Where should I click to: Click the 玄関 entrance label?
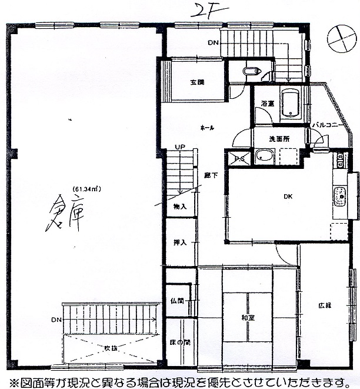[197, 82]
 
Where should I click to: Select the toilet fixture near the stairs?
[252, 72]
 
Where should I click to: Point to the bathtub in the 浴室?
[290, 104]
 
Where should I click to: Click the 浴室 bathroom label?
[268, 104]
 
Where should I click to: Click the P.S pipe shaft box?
[241, 158]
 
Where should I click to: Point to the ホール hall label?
[207, 127]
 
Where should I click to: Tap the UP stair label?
[180, 148]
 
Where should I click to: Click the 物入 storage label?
[180, 206]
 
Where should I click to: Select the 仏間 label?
[177, 301]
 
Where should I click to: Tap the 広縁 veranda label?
[325, 305]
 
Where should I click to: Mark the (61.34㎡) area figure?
[87, 189]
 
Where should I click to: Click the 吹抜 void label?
[111, 348]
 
